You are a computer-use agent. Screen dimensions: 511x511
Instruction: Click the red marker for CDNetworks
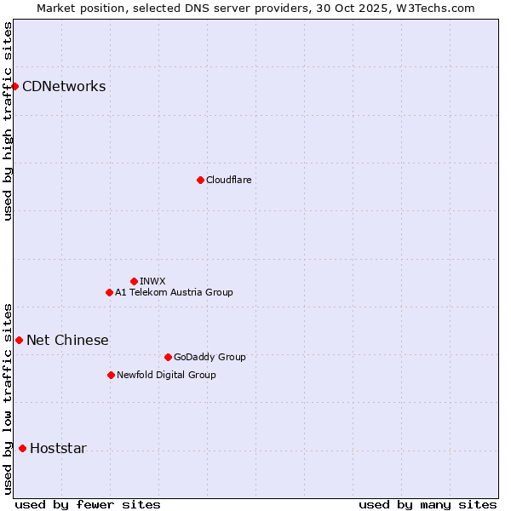tap(14, 86)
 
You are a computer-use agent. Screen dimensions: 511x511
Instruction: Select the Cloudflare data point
tap(200, 180)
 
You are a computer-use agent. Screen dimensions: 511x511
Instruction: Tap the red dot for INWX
tap(134, 281)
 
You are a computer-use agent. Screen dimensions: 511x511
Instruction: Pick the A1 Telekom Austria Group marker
tap(109, 292)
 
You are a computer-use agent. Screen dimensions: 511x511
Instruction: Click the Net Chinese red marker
tap(19, 340)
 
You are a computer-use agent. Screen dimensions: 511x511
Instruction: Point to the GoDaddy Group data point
tap(168, 357)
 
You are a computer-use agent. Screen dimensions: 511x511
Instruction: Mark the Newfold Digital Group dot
tap(111, 375)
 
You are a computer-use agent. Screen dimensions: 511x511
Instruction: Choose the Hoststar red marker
tap(22, 448)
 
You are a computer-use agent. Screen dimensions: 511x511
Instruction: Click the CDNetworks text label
tap(64, 86)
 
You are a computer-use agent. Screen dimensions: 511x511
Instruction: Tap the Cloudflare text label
tap(228, 180)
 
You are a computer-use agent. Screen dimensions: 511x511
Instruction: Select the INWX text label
tap(152, 281)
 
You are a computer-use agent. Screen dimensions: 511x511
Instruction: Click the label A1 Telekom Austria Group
tap(174, 292)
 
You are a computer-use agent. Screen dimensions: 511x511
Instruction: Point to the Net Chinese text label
tap(67, 340)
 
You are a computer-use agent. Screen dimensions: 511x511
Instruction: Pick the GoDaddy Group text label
tap(210, 357)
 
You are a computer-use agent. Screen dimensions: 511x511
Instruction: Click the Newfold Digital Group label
tap(166, 375)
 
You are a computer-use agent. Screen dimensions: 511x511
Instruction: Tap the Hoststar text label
tap(58, 448)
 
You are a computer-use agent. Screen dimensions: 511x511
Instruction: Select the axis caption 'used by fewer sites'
tap(87, 504)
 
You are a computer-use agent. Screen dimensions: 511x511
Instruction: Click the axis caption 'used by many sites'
tap(427, 504)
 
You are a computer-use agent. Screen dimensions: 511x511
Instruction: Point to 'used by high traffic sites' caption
tap(8, 122)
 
